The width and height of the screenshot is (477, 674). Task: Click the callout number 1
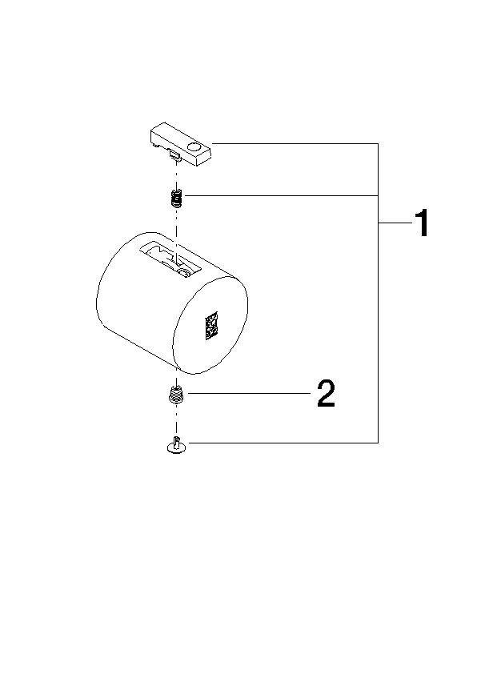pyautogui.click(x=421, y=224)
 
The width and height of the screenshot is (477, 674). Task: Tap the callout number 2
pyautogui.click(x=326, y=394)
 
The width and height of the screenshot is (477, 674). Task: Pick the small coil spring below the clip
pyautogui.click(x=177, y=196)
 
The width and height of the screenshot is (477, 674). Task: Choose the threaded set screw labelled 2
pyautogui.click(x=175, y=394)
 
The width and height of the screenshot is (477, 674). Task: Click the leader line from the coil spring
pyautogui.click(x=280, y=196)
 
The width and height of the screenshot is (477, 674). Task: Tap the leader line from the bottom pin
pyautogui.click(x=280, y=443)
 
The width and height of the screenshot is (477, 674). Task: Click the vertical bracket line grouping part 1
pyautogui.click(x=378, y=320)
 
